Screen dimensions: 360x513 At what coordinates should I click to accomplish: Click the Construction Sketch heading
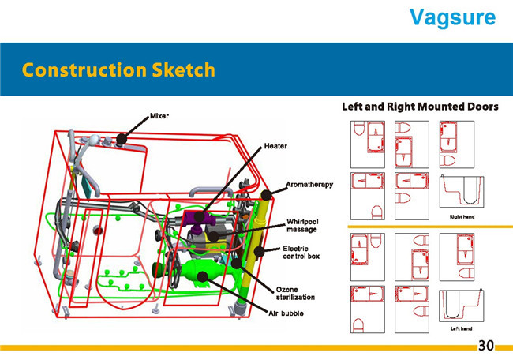pyautogui.click(x=118, y=69)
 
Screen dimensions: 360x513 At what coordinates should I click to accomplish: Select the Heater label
pyautogui.click(x=275, y=146)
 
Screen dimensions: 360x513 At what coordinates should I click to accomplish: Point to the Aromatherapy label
pyautogui.click(x=310, y=184)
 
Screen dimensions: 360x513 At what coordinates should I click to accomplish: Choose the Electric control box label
pyautogui.click(x=301, y=253)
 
